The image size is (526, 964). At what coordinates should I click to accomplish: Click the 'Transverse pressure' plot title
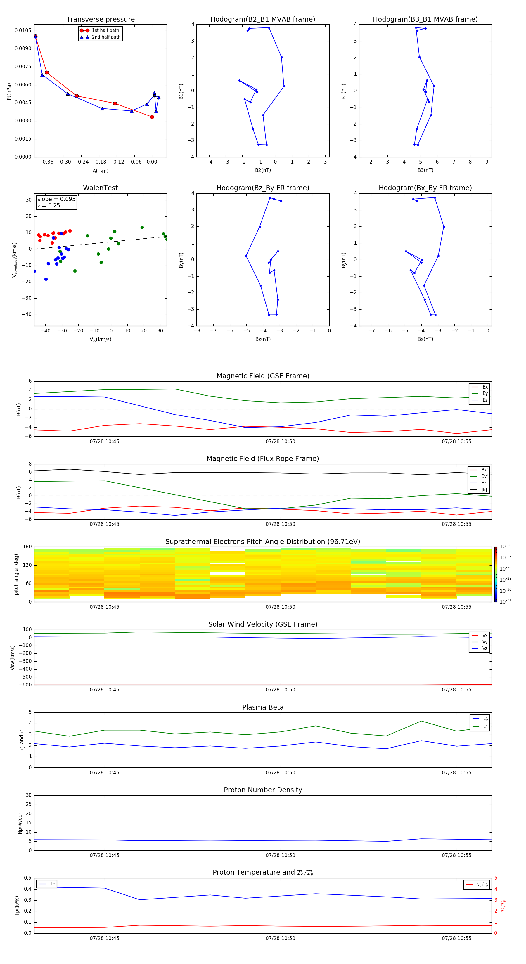point(100,20)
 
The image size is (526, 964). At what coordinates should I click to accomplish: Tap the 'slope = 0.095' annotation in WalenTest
point(56,199)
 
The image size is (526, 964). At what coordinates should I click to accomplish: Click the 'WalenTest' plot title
point(100,188)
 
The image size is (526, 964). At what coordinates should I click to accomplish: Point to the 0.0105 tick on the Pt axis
point(23,30)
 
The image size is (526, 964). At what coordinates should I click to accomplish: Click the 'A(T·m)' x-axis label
point(100,171)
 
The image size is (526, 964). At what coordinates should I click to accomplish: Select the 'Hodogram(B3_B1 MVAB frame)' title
point(425,20)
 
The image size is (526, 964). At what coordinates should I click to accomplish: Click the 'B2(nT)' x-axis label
point(263,170)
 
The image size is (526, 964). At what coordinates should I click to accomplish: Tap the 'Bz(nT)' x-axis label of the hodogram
point(263,339)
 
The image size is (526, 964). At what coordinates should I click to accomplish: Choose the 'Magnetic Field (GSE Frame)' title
point(263,376)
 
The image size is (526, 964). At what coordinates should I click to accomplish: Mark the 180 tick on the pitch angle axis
point(27,547)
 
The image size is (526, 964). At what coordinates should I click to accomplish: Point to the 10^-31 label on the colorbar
point(506,601)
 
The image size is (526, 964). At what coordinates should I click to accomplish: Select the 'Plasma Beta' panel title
point(263,707)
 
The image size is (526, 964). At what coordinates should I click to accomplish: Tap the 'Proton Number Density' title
point(263,790)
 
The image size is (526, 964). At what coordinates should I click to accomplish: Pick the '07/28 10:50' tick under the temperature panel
point(281,938)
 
